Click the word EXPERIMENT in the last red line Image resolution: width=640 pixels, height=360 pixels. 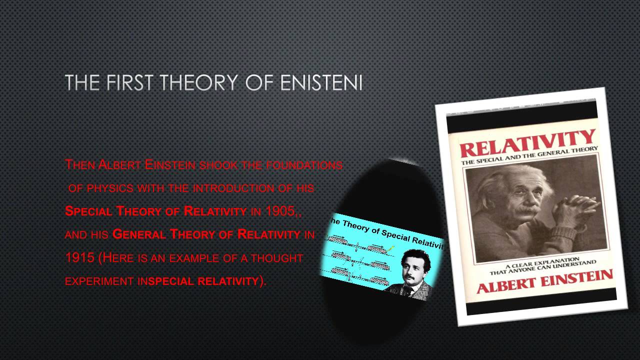(98, 281)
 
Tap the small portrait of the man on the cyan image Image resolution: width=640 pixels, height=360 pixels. (411, 272)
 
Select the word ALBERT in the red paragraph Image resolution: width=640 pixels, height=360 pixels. (113, 165)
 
